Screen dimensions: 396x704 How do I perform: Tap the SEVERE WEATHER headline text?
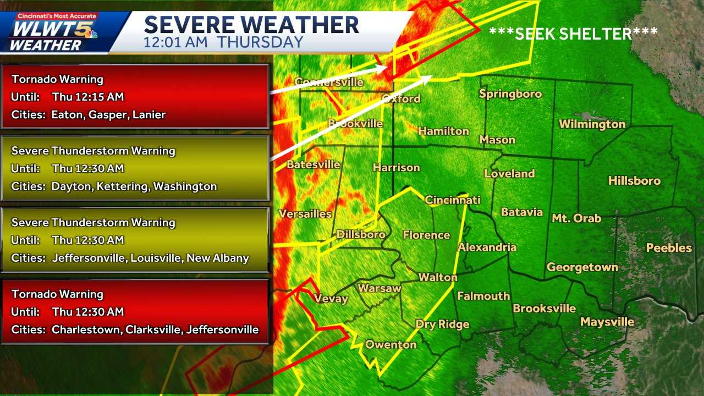(251, 25)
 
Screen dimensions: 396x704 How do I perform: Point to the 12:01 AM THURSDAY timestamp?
(223, 42)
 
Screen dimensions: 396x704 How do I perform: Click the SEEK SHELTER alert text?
(573, 34)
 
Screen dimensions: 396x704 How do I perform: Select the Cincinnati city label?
(453, 200)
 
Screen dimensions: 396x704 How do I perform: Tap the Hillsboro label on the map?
(634, 180)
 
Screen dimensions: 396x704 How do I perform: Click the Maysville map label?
(607, 322)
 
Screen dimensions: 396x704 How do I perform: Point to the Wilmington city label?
(592, 124)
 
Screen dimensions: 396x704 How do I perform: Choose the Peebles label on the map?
(669, 248)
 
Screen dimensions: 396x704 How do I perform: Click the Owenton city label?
(391, 344)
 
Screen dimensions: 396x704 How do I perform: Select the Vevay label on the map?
(331, 299)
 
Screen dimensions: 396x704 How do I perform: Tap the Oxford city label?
(402, 98)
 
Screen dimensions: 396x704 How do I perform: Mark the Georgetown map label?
(582, 267)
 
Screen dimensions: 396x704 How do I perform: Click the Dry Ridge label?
(442, 324)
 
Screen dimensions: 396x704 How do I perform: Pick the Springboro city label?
(510, 94)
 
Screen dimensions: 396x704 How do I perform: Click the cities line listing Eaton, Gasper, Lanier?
(89, 115)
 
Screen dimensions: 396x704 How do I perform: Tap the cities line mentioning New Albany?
(130, 258)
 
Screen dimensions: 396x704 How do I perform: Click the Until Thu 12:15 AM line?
(68, 97)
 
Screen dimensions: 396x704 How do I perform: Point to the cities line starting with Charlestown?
(135, 329)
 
